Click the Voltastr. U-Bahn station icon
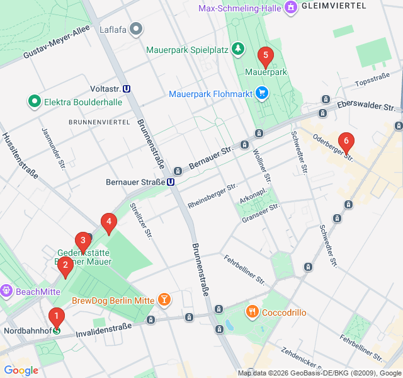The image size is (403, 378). (127, 89)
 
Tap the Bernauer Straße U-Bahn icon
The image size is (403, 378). (171, 182)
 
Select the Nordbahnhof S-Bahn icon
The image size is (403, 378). (57, 330)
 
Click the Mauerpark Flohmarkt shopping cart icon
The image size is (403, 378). (263, 94)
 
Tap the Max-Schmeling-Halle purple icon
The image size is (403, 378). (290, 8)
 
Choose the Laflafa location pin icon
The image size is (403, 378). (137, 29)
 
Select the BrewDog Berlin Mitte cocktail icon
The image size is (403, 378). (164, 300)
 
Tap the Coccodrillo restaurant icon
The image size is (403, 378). (253, 311)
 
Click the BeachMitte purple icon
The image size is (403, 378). (6, 291)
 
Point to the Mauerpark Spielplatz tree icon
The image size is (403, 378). (237, 49)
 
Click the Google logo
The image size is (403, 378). (21, 370)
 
